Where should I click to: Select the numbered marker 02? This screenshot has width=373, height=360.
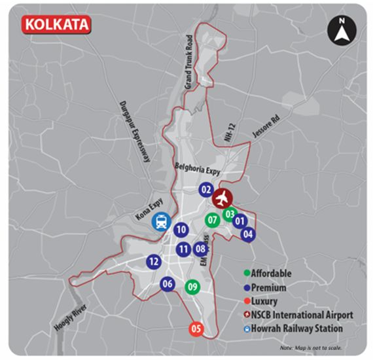pos(205,190)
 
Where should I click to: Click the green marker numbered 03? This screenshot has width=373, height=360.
pos(230,213)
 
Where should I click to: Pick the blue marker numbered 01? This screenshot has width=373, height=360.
pos(240,222)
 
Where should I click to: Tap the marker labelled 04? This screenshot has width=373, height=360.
pos(247,234)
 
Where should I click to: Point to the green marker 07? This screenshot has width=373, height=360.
pos(211,220)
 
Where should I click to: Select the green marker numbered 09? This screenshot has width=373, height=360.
pos(192,286)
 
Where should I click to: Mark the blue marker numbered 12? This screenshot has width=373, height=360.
pos(154,262)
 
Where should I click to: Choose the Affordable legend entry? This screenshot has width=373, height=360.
pos(266,274)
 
